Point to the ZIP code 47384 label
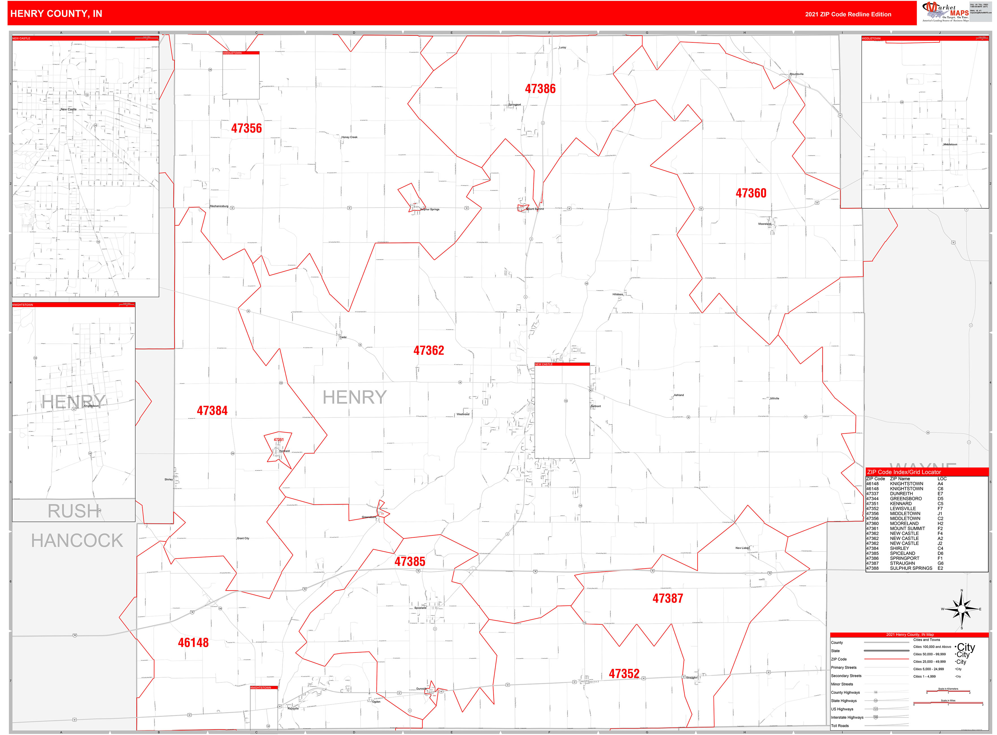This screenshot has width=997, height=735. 212,411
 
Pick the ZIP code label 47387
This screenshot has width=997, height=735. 668,598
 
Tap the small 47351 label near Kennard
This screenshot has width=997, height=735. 278,440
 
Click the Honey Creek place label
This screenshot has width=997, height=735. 349,137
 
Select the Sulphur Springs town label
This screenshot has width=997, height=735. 430,209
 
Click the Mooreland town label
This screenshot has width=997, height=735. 765,224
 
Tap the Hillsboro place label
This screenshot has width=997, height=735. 618,294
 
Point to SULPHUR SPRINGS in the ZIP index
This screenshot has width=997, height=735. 911,568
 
